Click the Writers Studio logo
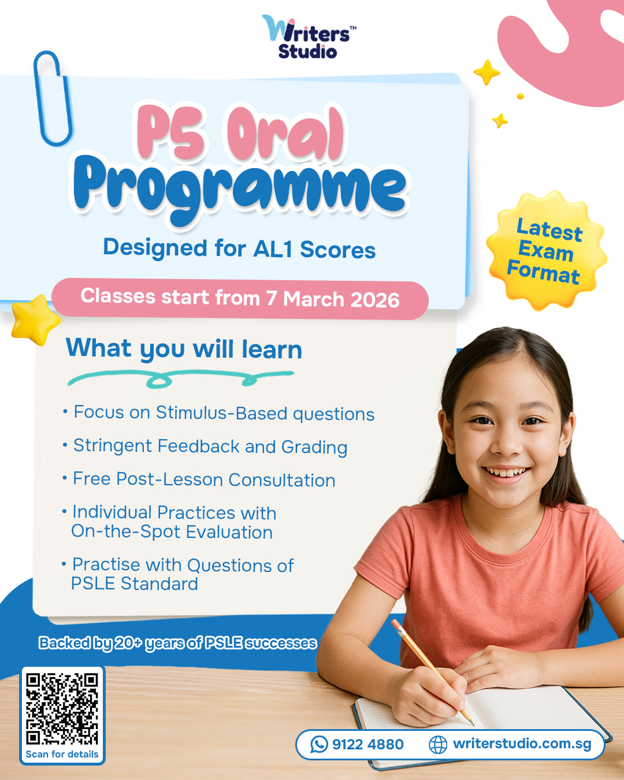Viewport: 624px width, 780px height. pyautogui.click(x=309, y=36)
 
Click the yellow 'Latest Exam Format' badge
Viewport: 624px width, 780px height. pyautogui.click(x=547, y=250)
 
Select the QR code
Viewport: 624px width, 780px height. pyautogui.click(x=62, y=708)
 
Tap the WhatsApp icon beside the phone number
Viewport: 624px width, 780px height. pyautogui.click(x=319, y=745)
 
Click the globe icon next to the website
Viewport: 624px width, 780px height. pyautogui.click(x=437, y=745)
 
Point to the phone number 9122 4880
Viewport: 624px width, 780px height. pyautogui.click(x=367, y=745)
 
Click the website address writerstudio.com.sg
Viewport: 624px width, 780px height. pyautogui.click(x=522, y=744)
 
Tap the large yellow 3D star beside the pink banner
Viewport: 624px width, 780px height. pyautogui.click(x=35, y=320)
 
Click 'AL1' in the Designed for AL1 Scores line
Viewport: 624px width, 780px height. pyautogui.click(x=273, y=250)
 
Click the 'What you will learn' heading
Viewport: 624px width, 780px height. pyautogui.click(x=184, y=348)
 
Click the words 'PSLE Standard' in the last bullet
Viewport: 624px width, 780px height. pyautogui.click(x=135, y=584)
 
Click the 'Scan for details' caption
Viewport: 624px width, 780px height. pyautogui.click(x=62, y=754)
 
